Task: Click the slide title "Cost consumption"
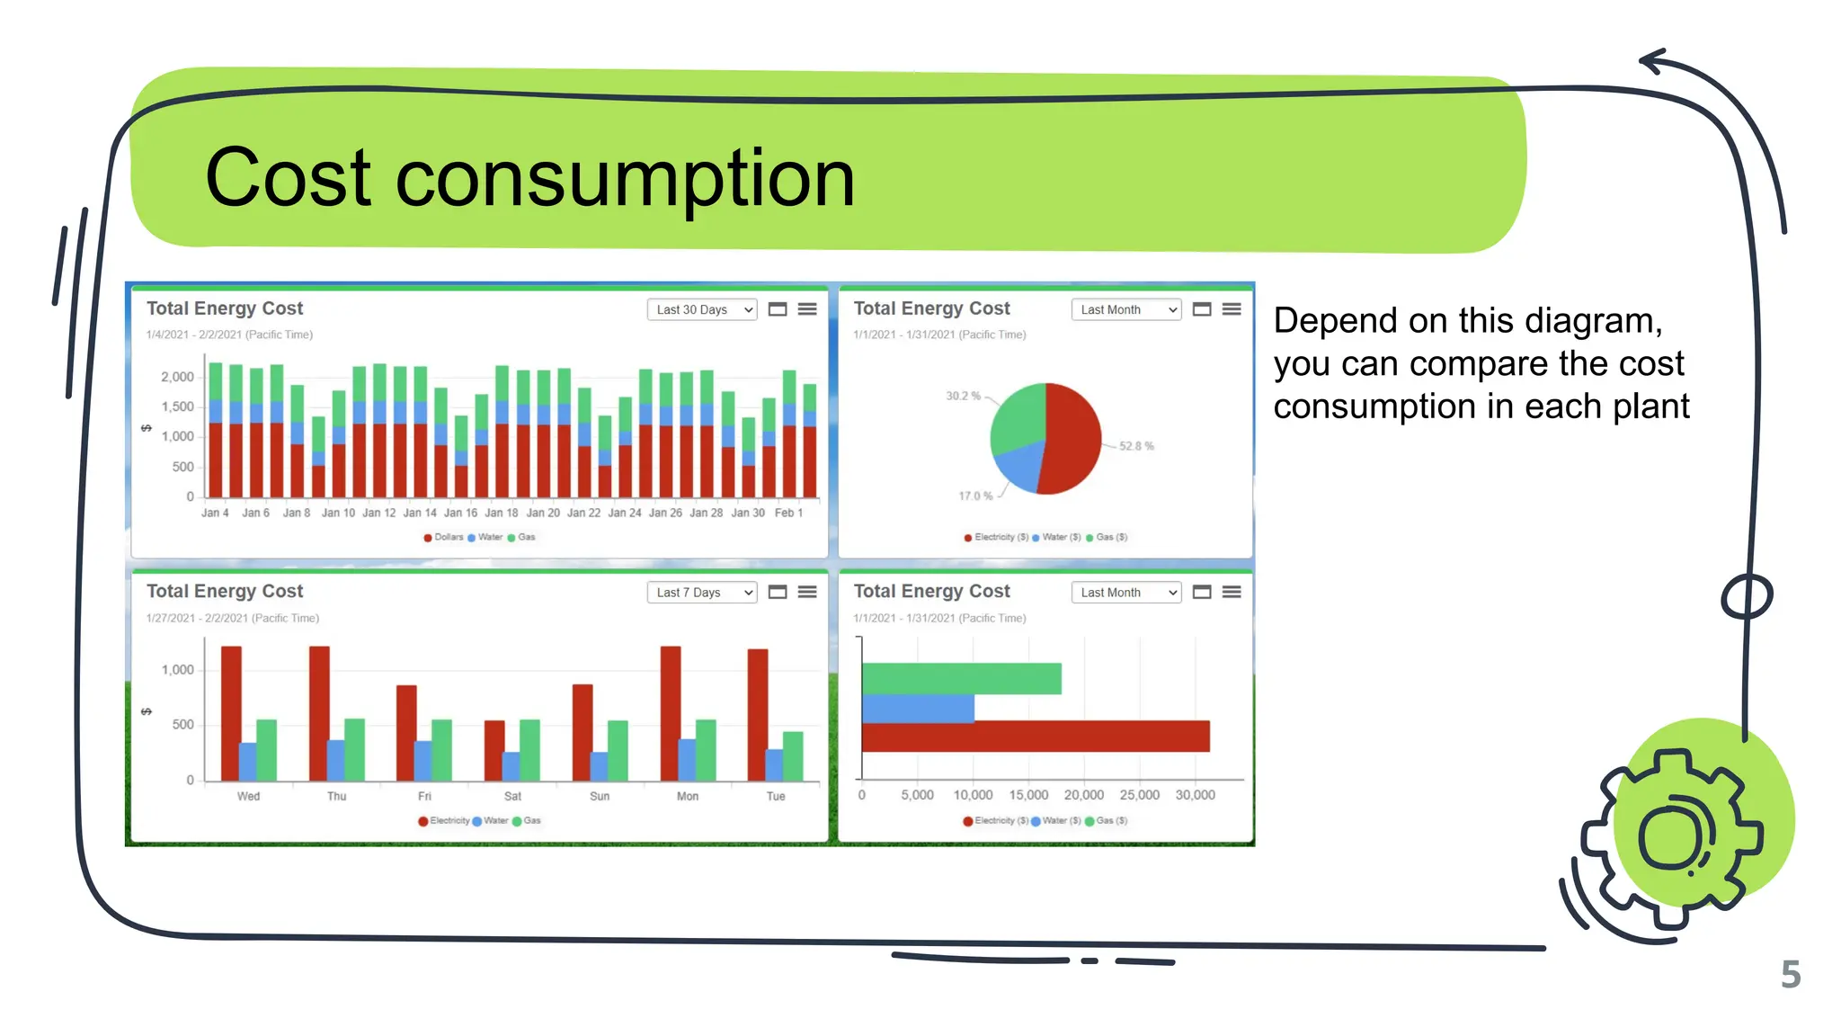coord(529,178)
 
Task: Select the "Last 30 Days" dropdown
coord(702,309)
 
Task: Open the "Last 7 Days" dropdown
coord(702,593)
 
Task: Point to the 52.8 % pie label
coord(1136,446)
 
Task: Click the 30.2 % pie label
coord(963,396)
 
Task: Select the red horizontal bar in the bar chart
coord(1035,737)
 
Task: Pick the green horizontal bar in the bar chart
coord(961,678)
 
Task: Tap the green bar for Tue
coord(793,755)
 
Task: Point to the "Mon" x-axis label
coord(688,797)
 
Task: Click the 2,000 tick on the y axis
coord(177,377)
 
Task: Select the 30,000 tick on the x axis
coord(1195,795)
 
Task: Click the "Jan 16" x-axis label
coord(460,514)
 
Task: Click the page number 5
coord(1790,975)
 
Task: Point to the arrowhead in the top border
coord(1652,61)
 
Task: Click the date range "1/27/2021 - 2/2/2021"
coord(232,619)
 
